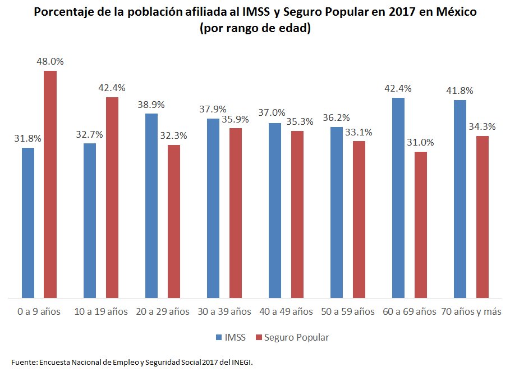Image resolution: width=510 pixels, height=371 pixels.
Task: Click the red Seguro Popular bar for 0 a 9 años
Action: pyautogui.click(x=50, y=184)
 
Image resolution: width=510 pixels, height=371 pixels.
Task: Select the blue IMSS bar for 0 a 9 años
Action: pyautogui.click(x=28, y=223)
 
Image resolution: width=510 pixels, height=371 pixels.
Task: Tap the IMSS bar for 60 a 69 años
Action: pyautogui.click(x=398, y=197)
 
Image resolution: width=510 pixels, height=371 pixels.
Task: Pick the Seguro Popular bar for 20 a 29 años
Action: pyautogui.click(x=174, y=221)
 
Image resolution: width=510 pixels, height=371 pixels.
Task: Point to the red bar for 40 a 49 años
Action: pyautogui.click(x=297, y=214)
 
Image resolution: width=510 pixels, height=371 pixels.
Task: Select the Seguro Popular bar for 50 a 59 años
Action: pyautogui.click(x=359, y=219)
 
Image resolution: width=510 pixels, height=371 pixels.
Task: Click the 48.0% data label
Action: pyautogui.click(x=50, y=62)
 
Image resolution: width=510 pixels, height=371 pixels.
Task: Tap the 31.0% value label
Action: pyautogui.click(x=421, y=143)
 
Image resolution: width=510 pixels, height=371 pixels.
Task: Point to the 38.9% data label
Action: pyautogui.click(x=151, y=105)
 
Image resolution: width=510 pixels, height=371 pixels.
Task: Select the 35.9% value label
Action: pyautogui.click(x=236, y=119)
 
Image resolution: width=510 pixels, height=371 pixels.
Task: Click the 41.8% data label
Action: pyautogui.click(x=460, y=91)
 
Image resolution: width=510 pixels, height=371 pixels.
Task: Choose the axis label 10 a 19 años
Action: pyautogui.click(x=101, y=311)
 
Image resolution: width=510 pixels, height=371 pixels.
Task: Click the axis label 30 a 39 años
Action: pyautogui.click(x=224, y=311)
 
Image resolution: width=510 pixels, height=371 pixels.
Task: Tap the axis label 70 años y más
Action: pyautogui.click(x=471, y=311)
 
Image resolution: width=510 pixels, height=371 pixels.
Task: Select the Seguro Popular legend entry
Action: pyautogui.click(x=292, y=337)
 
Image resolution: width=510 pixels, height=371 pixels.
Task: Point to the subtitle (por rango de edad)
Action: pyautogui.click(x=255, y=29)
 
